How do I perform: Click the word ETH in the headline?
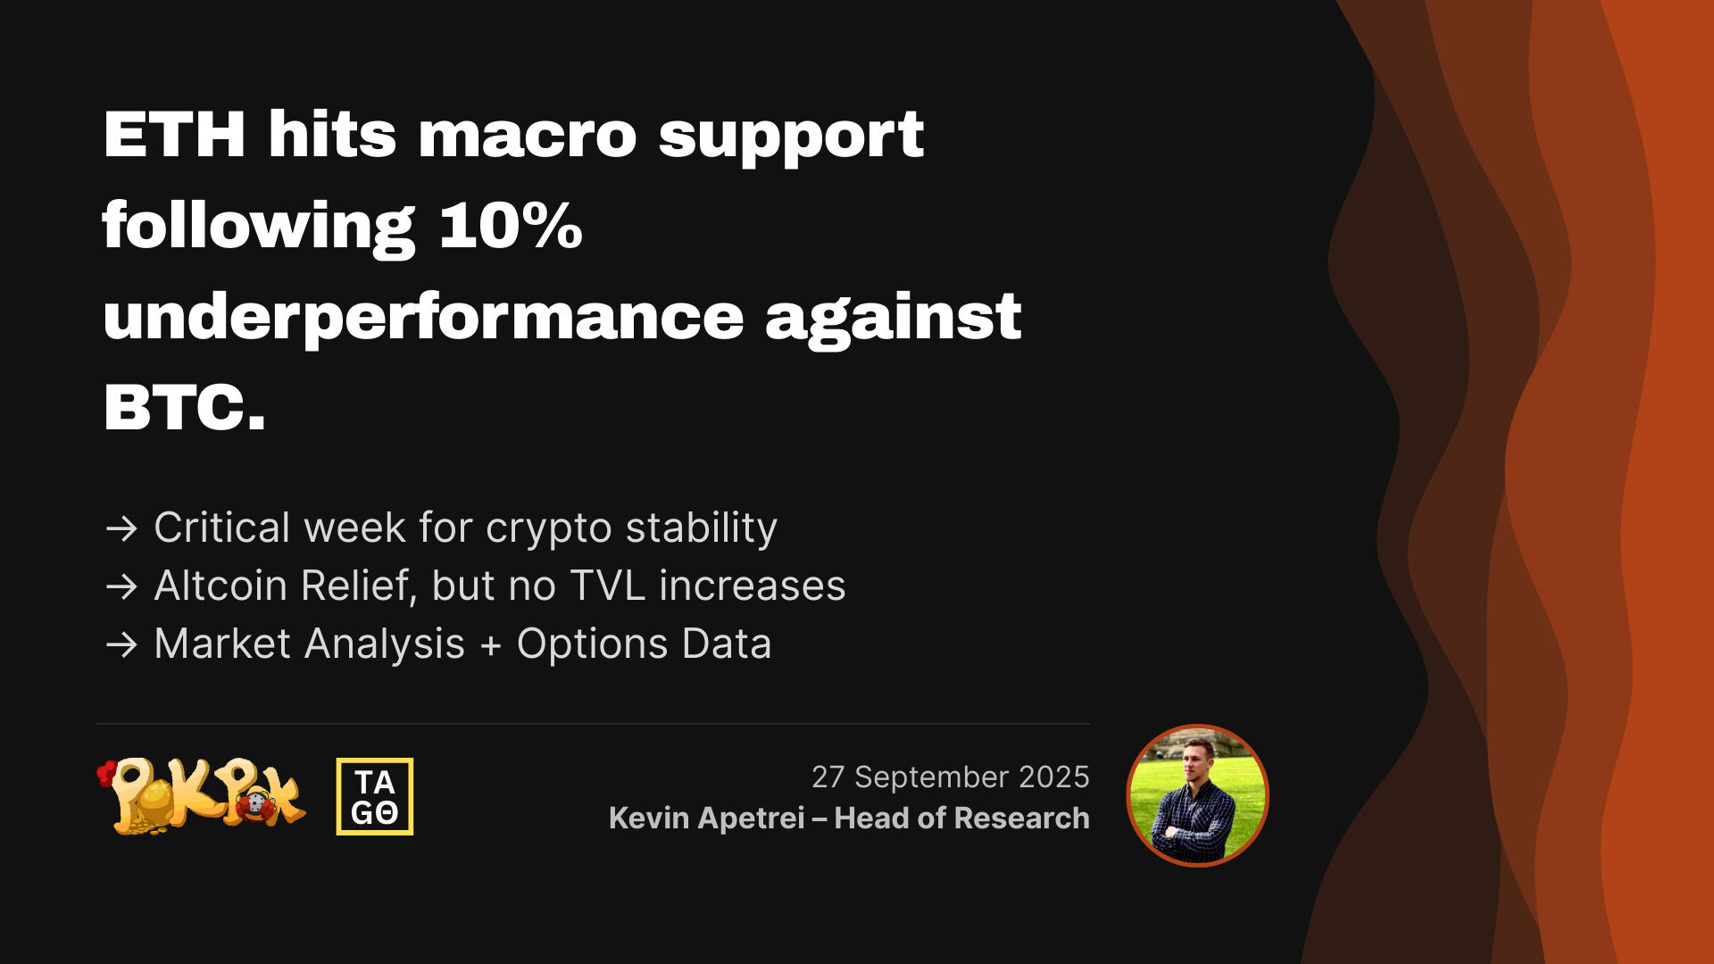pyautogui.click(x=175, y=135)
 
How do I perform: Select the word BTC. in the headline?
pyautogui.click(x=185, y=407)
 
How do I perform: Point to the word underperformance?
pyautogui.click(x=424, y=319)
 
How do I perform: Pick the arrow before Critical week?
pyautogui.click(x=121, y=528)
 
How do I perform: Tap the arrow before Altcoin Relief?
pyautogui.click(x=121, y=586)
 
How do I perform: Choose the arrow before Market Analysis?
pyautogui.click(x=121, y=644)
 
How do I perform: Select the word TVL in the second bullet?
pyautogui.click(x=607, y=586)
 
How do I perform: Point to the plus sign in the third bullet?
pyautogui.click(x=491, y=646)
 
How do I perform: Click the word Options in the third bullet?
pyautogui.click(x=593, y=644)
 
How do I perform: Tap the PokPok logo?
pyautogui.click(x=202, y=796)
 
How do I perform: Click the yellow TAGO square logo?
pyautogui.click(x=375, y=796)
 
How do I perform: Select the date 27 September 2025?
pyautogui.click(x=951, y=777)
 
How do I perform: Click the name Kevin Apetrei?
pyautogui.click(x=707, y=819)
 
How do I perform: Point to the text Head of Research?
pyautogui.click(x=962, y=818)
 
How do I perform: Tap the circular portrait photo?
pyautogui.click(x=1197, y=795)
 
